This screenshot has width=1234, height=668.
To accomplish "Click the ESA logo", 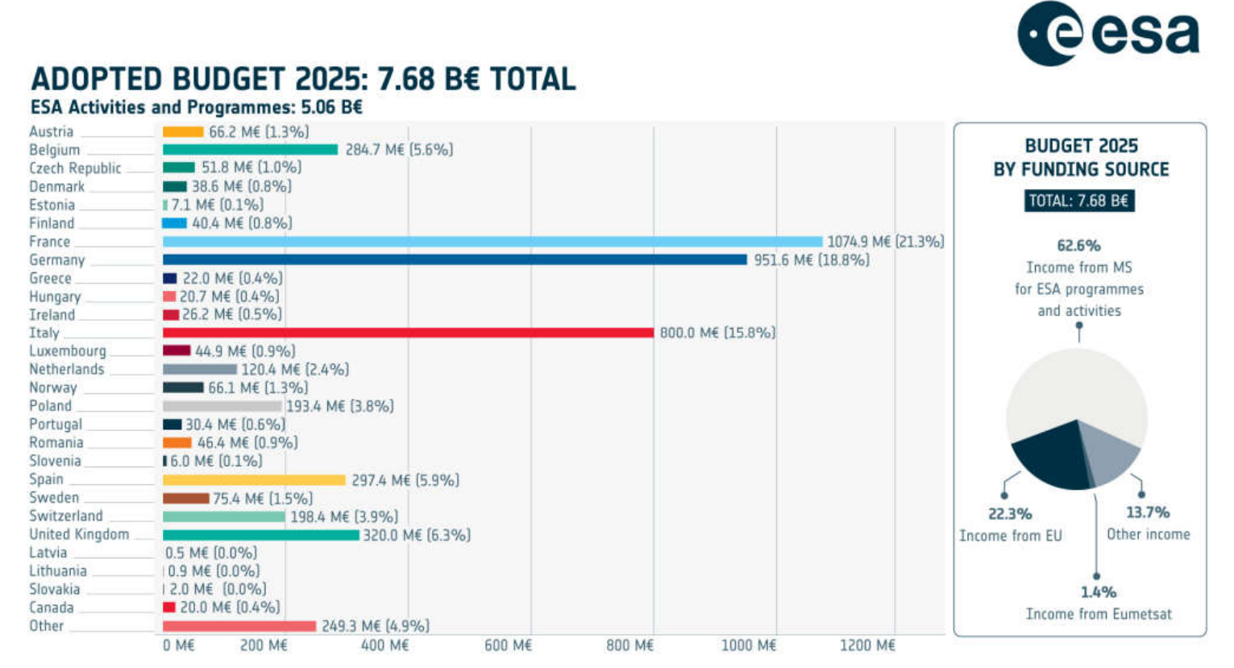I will (x=1108, y=34).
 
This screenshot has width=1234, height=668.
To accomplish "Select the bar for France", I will (x=492, y=242).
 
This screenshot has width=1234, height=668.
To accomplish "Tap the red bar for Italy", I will (x=408, y=333).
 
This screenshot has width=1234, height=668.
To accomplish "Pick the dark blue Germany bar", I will (x=455, y=259).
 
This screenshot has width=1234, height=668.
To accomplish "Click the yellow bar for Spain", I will (x=254, y=480).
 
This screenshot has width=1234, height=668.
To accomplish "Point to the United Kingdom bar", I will (x=260, y=535).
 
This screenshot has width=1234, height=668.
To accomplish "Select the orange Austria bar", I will (x=183, y=131).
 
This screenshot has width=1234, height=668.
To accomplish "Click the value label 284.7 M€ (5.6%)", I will (x=399, y=150).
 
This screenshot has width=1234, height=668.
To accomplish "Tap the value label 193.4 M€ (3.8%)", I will (x=340, y=406).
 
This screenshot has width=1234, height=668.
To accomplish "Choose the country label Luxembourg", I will (x=68, y=351).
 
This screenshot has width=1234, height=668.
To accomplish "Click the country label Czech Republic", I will (x=75, y=168).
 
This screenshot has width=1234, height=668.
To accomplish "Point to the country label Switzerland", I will (x=66, y=517).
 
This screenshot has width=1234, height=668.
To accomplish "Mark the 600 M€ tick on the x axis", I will (x=508, y=645).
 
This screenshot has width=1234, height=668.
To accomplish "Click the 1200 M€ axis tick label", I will (x=867, y=645).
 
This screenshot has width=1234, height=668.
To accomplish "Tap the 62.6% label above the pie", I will (x=1078, y=246).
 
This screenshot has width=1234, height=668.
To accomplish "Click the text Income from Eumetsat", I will (x=1099, y=614).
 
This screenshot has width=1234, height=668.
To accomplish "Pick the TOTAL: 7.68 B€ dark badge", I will (x=1079, y=201).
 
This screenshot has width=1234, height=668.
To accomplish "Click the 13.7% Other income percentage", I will (x=1148, y=512).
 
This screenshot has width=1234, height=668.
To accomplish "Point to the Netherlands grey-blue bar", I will (x=200, y=369).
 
